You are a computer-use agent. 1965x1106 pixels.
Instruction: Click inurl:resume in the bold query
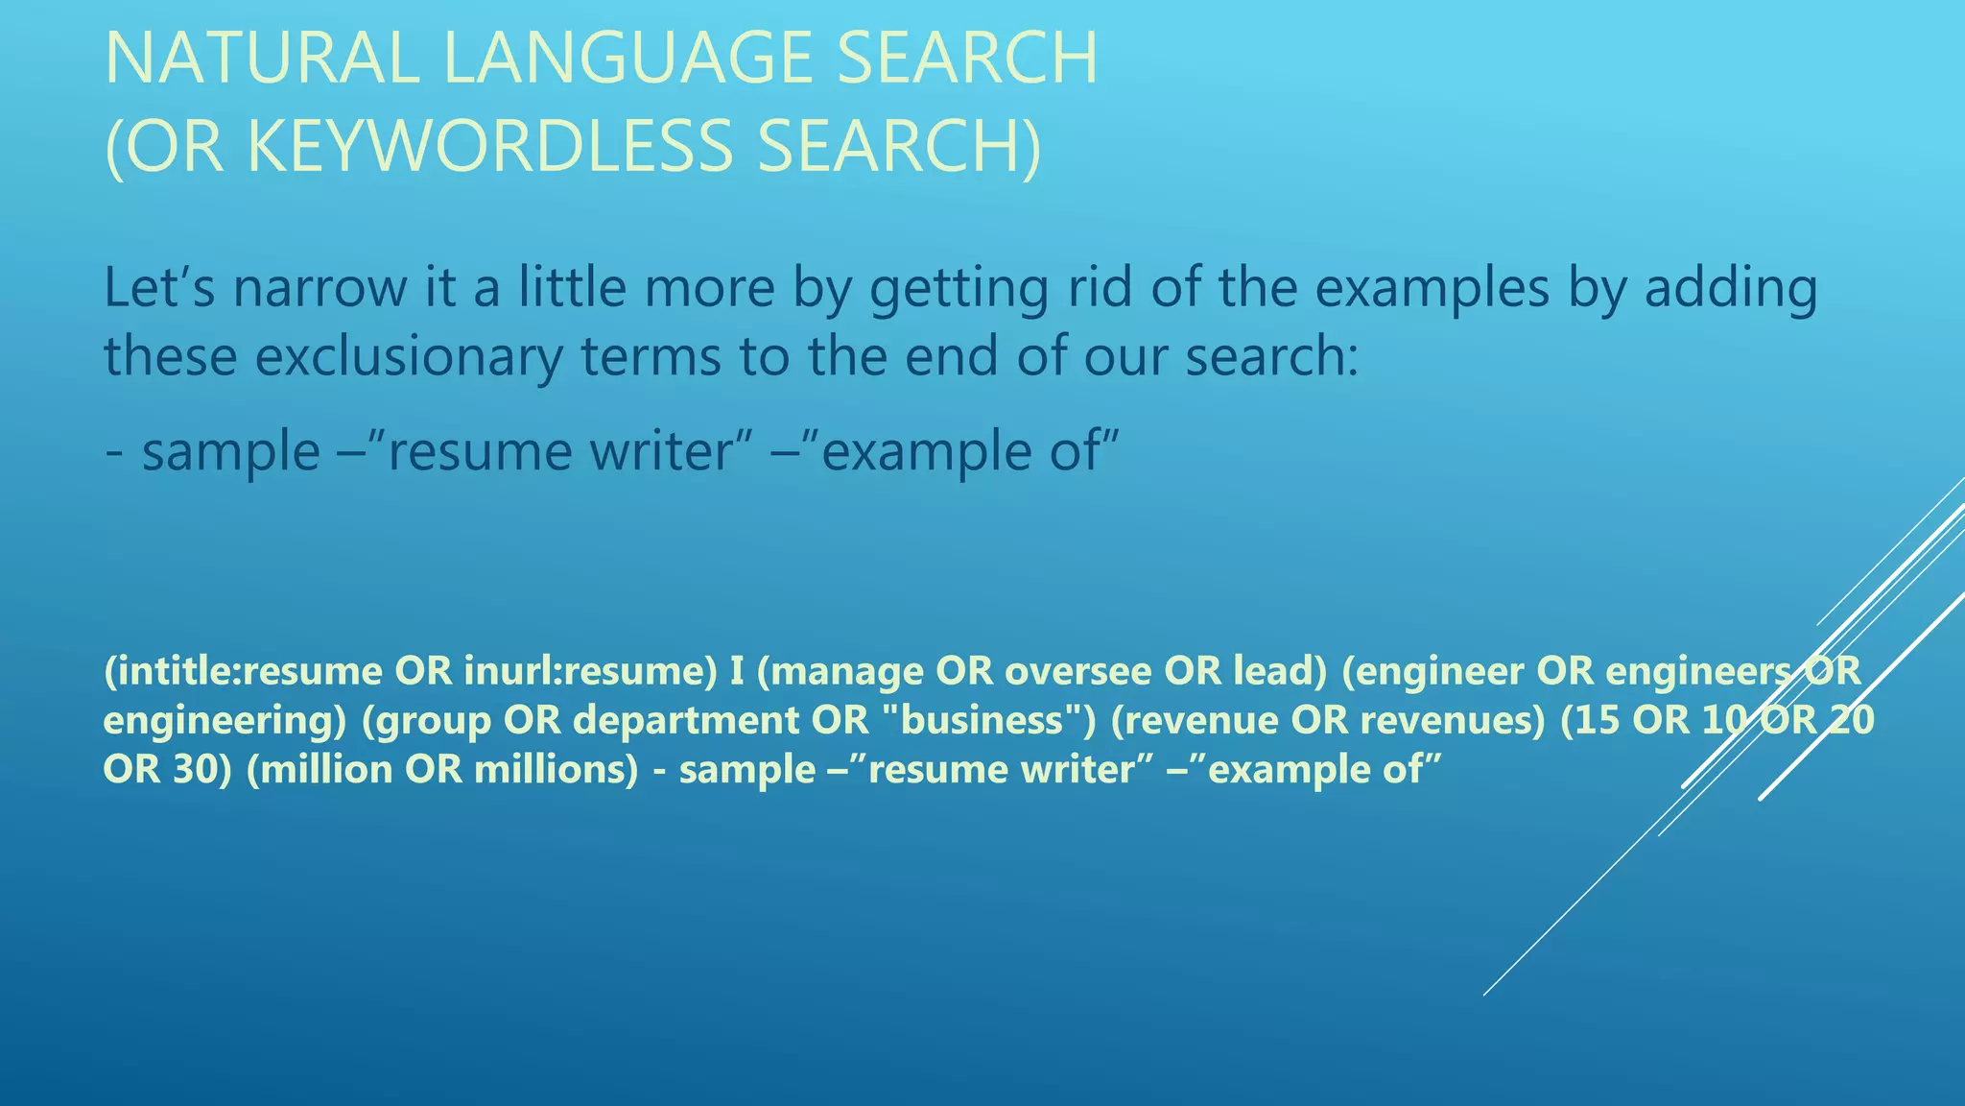[589, 670]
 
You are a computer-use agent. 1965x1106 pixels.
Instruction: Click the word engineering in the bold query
[224, 720]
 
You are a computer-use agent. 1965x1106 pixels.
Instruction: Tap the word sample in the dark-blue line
[230, 451]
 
